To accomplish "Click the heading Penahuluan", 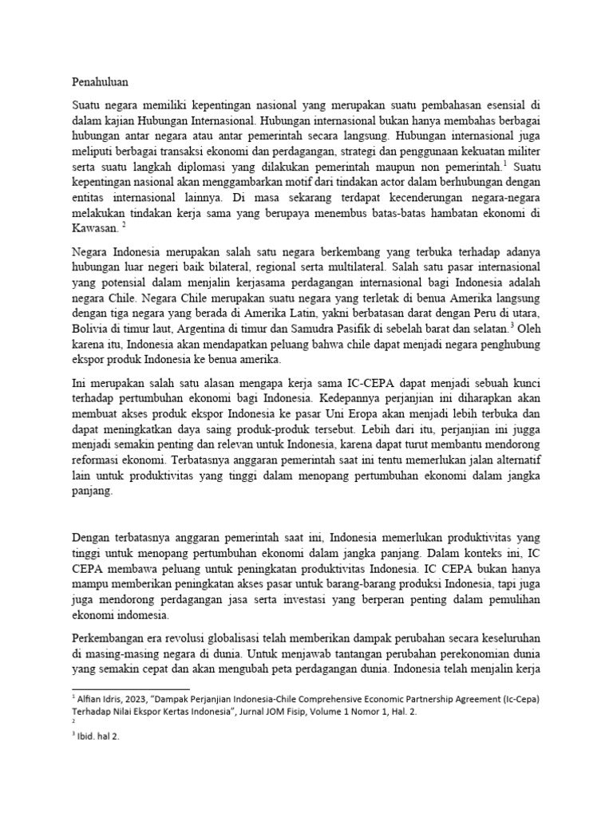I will (x=101, y=81).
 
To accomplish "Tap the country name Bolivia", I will (x=91, y=328).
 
